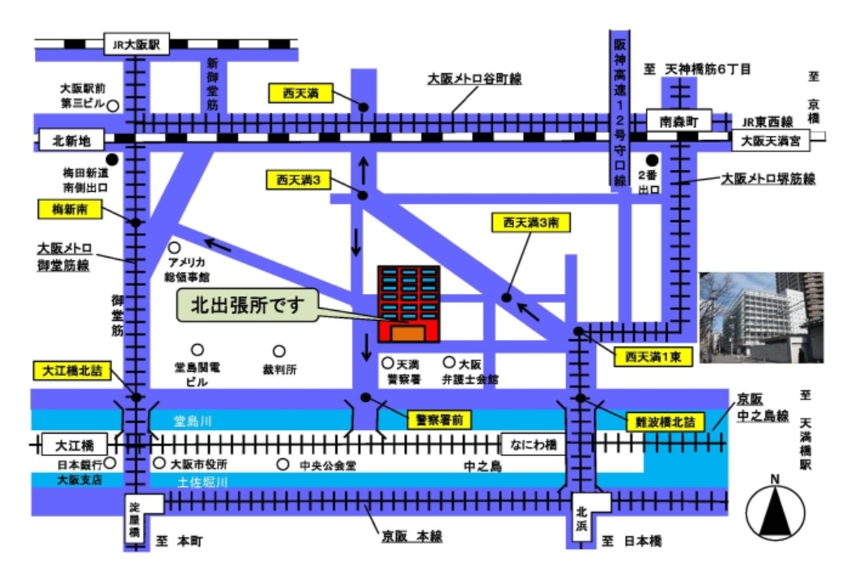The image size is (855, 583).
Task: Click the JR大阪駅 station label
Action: [x=136, y=45]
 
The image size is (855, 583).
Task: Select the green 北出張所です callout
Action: [x=246, y=305]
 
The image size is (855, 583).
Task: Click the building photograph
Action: [x=761, y=317]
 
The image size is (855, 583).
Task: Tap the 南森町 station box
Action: [x=678, y=121]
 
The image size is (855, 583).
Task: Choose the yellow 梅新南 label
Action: [x=69, y=209]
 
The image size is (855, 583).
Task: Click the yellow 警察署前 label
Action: [x=438, y=419]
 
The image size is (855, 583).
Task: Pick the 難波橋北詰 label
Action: [x=666, y=422]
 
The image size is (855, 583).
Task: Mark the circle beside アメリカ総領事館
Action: [x=173, y=248]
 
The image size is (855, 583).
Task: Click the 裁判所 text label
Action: [x=279, y=370]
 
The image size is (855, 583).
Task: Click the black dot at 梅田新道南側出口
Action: [x=111, y=160]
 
